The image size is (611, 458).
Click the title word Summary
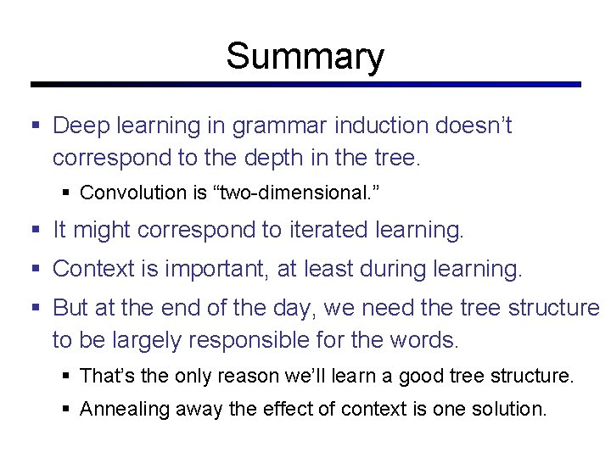point(305,57)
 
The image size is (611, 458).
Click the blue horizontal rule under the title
point(305,85)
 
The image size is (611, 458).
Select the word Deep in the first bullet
point(78,126)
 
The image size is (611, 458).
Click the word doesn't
point(474,126)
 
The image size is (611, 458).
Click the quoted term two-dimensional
point(297,193)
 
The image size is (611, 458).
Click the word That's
point(105,375)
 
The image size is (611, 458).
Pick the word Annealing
point(124,409)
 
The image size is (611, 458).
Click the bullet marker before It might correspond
point(36,230)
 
